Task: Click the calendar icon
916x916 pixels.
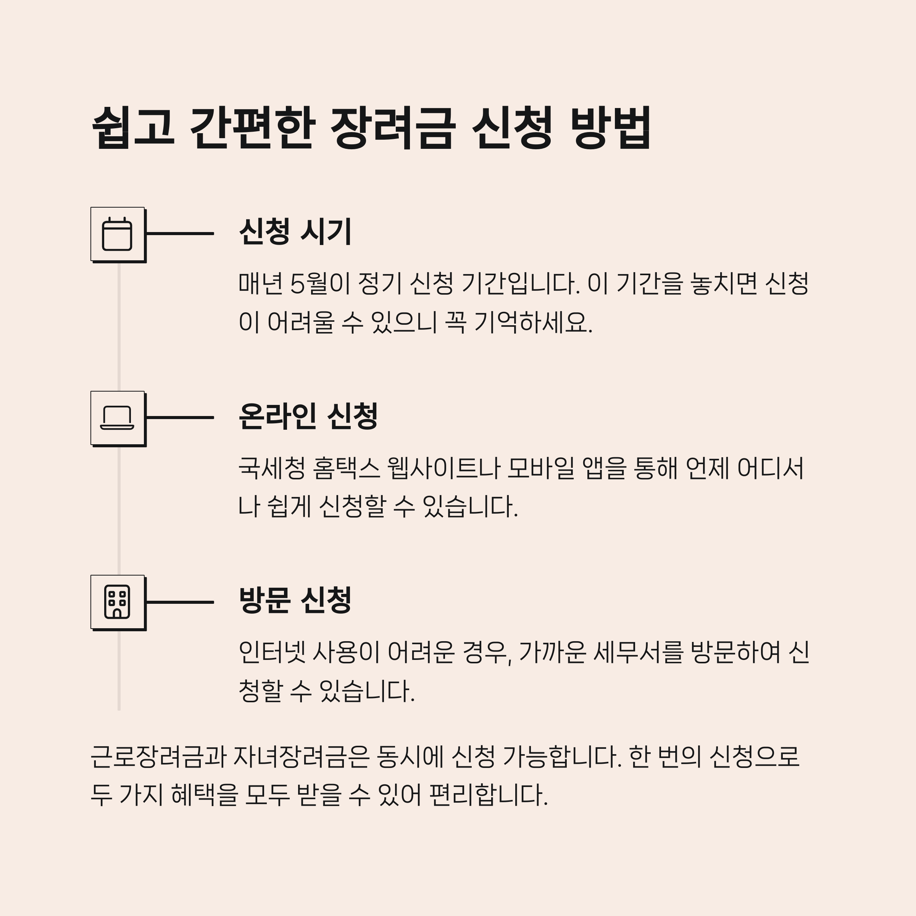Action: coord(117,234)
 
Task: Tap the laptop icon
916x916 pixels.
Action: coord(117,418)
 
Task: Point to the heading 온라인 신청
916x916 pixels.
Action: coord(308,416)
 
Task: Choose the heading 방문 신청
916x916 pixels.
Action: coord(295,600)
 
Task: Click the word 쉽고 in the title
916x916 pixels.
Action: coord(133,127)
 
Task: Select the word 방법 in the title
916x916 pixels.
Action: coord(611,127)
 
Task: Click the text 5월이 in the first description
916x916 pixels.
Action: coord(319,284)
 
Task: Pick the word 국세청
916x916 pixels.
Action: coord(272,468)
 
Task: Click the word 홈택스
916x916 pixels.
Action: coord(347,468)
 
